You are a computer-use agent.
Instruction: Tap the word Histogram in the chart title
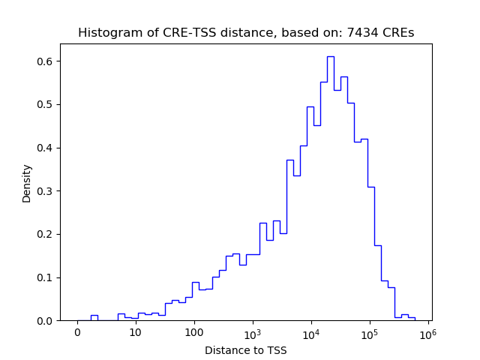106,33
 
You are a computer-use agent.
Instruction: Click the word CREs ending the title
399,33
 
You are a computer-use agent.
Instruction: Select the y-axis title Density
27,183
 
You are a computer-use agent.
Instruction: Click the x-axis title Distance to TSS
245,350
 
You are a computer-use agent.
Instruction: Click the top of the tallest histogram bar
330,56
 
